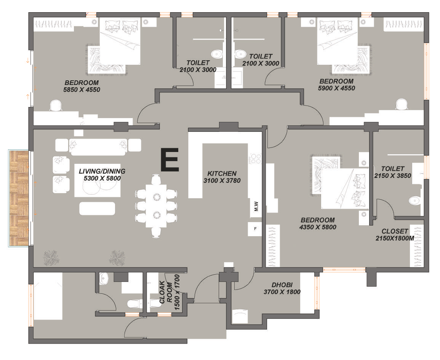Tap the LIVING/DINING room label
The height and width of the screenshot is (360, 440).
pyautogui.click(x=102, y=171)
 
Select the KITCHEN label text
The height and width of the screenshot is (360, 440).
pyautogui.click(x=222, y=173)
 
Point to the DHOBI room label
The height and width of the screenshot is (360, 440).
pyautogui.click(x=282, y=285)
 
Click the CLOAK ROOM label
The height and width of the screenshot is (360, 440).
pyautogui.click(x=166, y=292)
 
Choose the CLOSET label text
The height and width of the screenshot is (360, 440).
pyautogui.click(x=395, y=231)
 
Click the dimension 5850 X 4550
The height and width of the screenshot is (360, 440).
pyautogui.click(x=82, y=90)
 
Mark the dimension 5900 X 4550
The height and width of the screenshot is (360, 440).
pyautogui.click(x=336, y=88)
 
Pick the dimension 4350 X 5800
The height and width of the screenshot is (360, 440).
pyautogui.click(x=318, y=227)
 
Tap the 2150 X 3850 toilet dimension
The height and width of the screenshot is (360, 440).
pyautogui.click(x=393, y=176)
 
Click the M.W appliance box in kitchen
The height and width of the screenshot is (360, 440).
pyautogui.click(x=256, y=207)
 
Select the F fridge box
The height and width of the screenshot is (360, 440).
pyautogui.click(x=255, y=229)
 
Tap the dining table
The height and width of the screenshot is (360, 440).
pyautogui.click(x=156, y=206)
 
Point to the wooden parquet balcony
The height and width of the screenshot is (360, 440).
pyautogui.click(x=19, y=198)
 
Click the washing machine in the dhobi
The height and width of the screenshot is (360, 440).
pyautogui.click(x=239, y=316)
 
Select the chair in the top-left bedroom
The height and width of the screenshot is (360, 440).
pyautogui.click(x=56, y=106)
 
